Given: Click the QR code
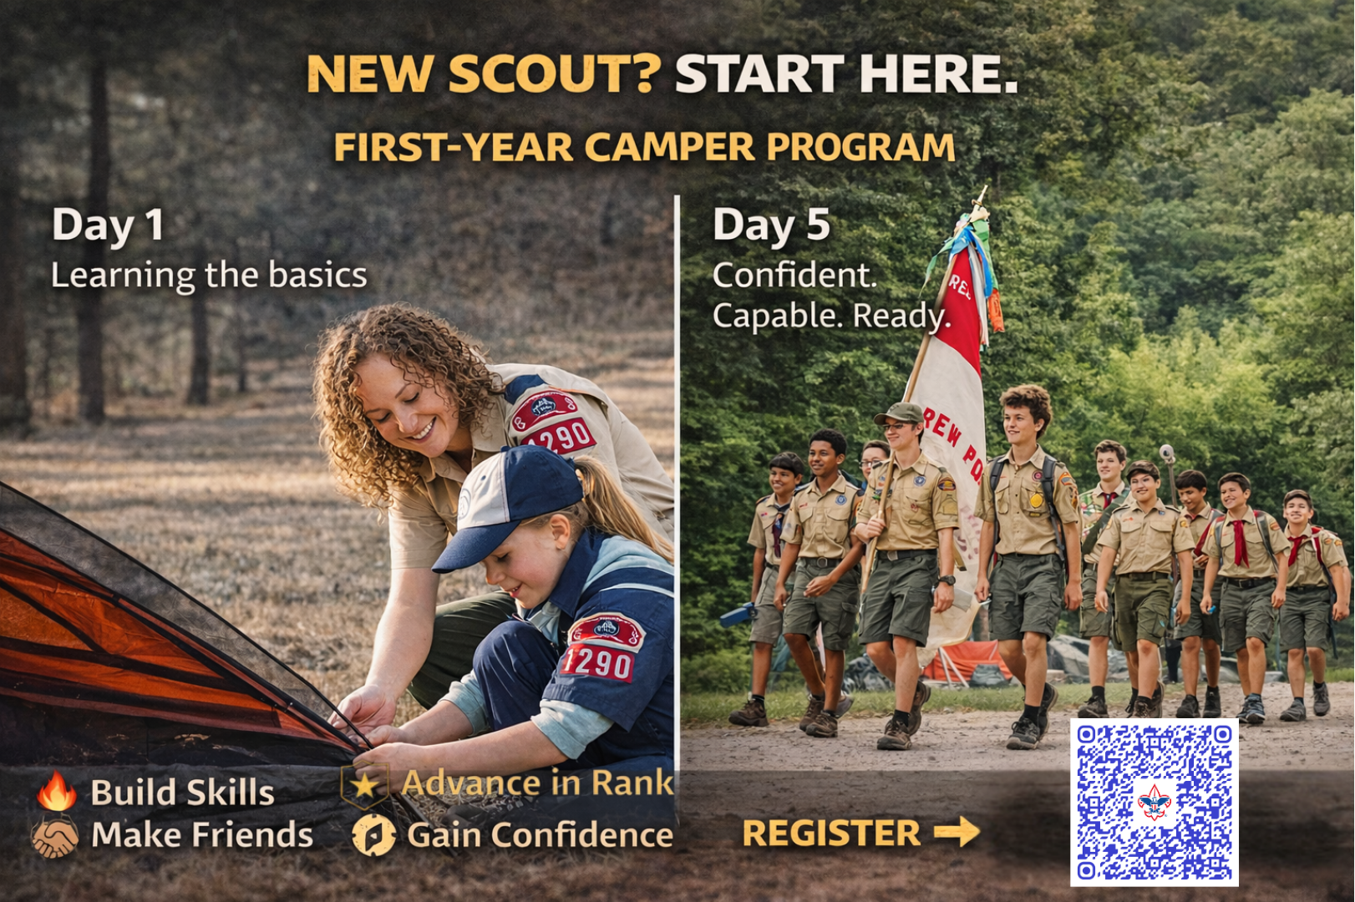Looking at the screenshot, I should [1154, 802].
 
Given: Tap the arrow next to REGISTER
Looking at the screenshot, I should [957, 832].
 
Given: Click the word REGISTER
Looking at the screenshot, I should [831, 834].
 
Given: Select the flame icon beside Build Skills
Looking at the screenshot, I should [57, 791].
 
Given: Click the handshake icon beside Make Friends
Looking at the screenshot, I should [55, 836].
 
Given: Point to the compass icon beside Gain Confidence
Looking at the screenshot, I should [373, 835].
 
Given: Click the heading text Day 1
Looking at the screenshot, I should [108, 225].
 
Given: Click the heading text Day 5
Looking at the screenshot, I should [771, 225].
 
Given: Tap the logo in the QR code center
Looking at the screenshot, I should [1154, 803].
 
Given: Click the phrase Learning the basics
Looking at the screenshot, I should [209, 276].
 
